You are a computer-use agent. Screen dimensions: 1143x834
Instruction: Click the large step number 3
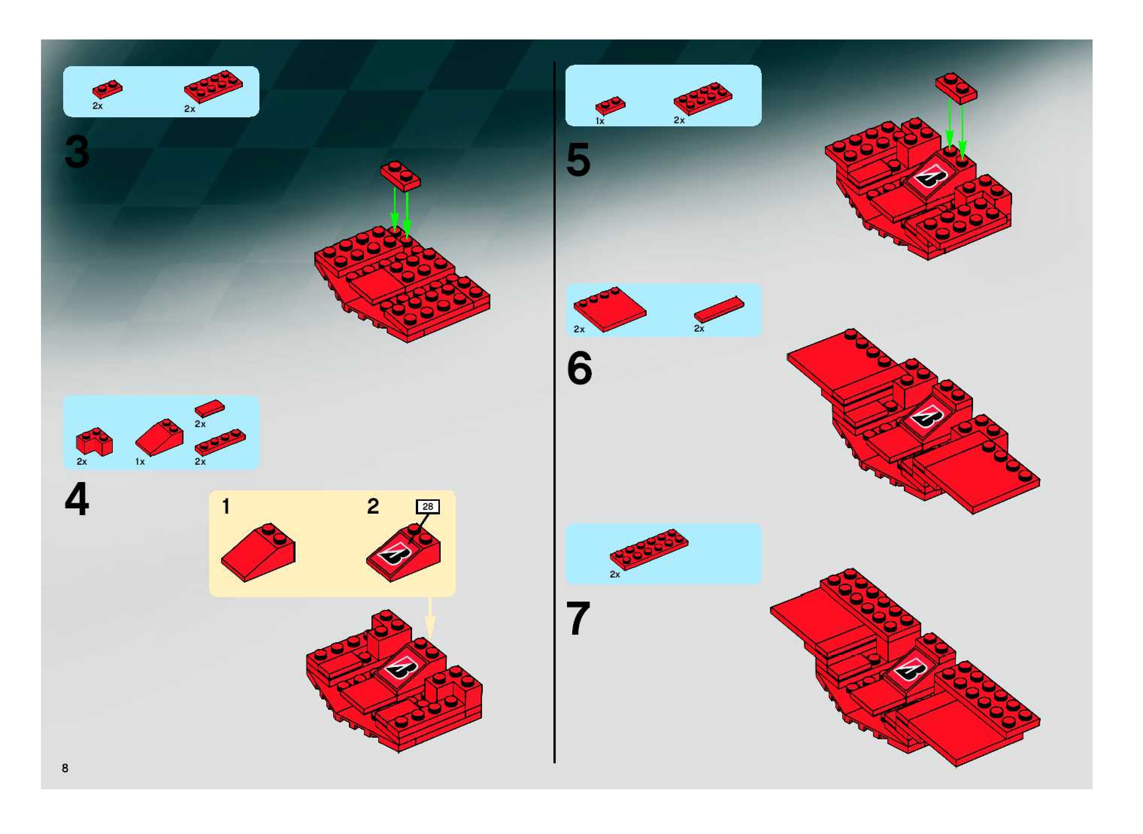77,152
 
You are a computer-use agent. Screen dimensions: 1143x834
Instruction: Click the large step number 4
77,499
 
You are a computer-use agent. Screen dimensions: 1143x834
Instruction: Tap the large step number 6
579,368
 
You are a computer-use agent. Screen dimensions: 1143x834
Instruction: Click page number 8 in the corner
65,768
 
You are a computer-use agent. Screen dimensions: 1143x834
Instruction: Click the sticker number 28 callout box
427,506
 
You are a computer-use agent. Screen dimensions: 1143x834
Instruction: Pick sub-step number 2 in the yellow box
373,506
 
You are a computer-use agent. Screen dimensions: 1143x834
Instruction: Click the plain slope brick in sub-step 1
258,552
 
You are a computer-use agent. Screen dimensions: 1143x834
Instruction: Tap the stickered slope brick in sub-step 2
403,552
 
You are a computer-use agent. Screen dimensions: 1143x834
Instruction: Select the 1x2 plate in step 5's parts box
610,106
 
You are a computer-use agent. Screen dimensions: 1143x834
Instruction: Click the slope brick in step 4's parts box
159,437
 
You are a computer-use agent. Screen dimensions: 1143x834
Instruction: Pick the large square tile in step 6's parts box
610,309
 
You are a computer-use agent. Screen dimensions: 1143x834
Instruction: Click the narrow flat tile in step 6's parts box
719,309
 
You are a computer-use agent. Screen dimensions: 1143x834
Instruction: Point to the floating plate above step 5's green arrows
956,88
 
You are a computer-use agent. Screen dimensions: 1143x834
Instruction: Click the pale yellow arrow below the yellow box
430,618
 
